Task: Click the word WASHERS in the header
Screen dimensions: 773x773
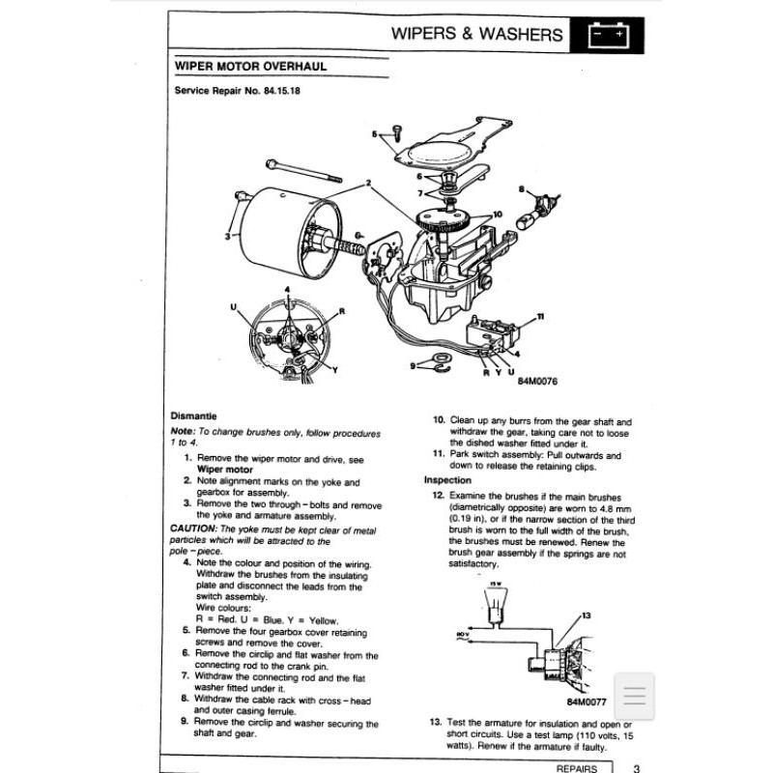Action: point(516,36)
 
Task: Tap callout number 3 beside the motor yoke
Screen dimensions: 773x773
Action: point(228,235)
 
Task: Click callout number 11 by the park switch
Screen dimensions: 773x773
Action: point(541,317)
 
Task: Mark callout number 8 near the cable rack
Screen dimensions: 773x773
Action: point(522,189)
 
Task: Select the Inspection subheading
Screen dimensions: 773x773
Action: point(447,480)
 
